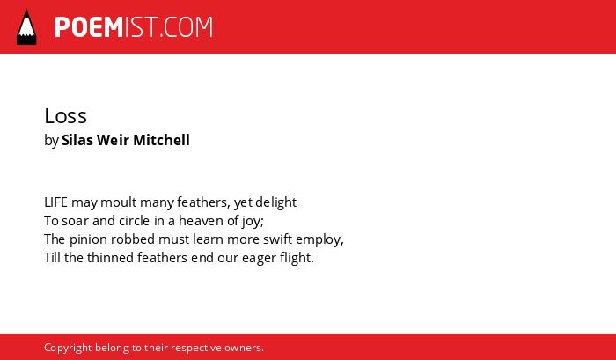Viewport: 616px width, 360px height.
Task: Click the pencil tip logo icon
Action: pos(26,26)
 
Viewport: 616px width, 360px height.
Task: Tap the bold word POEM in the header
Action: pos(89,27)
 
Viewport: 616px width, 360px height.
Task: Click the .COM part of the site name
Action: pos(187,27)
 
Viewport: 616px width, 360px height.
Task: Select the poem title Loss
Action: pos(66,116)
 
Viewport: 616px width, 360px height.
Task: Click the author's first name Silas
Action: pos(77,140)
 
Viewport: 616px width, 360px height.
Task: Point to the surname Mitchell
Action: pos(161,140)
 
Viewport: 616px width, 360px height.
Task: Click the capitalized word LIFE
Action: pos(55,202)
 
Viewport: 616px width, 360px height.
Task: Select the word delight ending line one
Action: pos(275,202)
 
